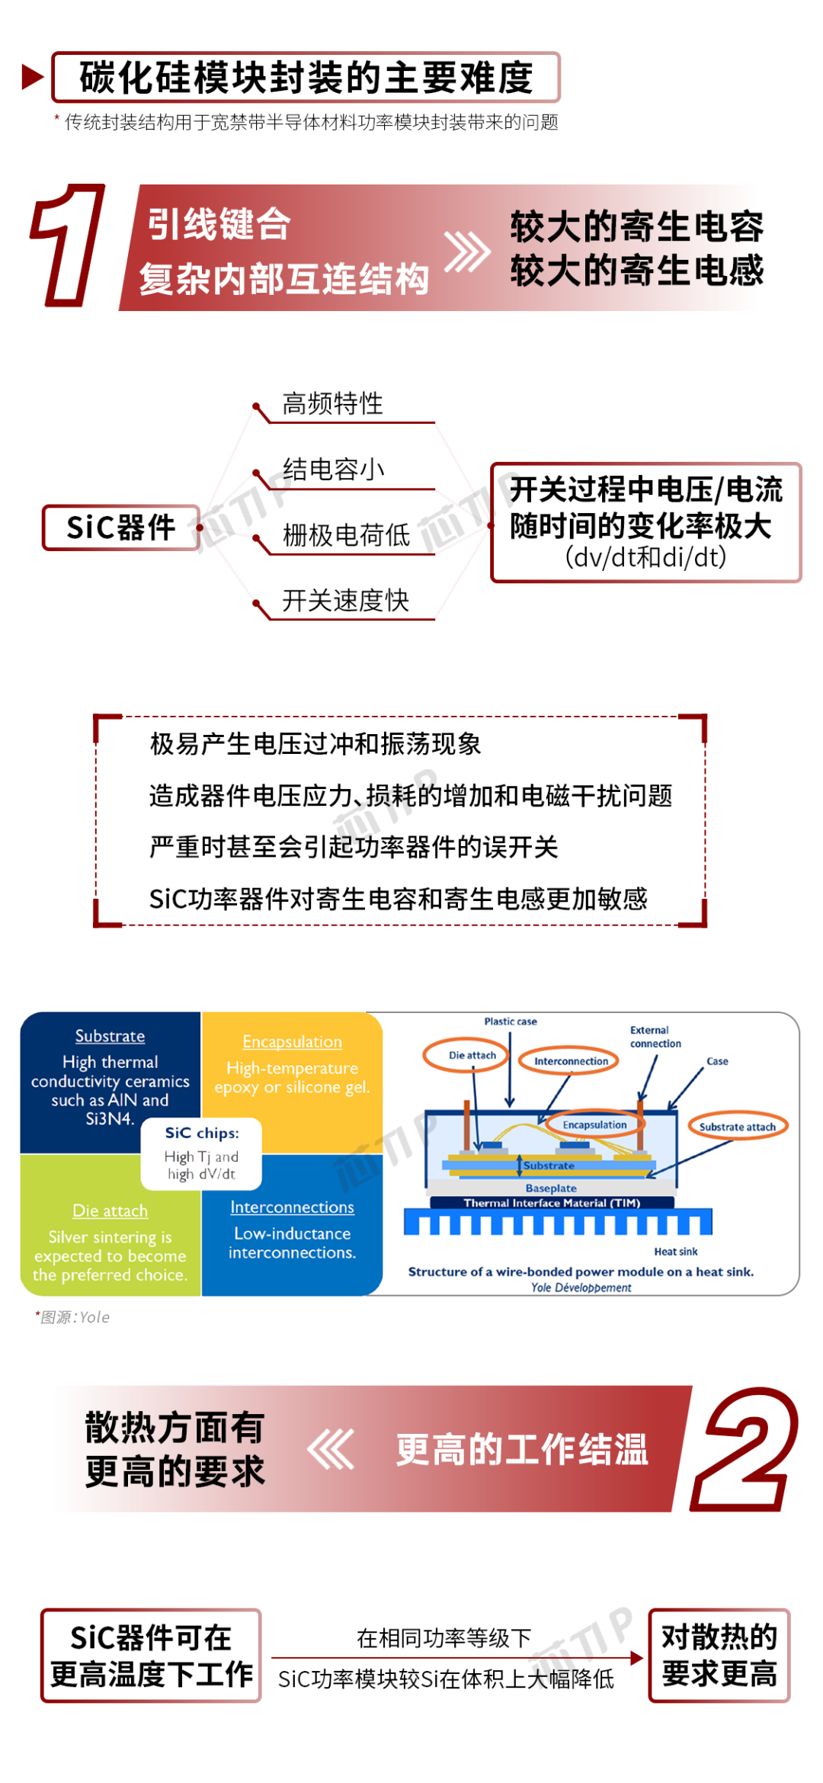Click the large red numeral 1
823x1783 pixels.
(67, 245)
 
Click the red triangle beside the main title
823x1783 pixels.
(33, 77)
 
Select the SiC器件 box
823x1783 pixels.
(121, 528)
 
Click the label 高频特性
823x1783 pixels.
(333, 403)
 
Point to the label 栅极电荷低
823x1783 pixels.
(346, 535)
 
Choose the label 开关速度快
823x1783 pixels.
(346, 601)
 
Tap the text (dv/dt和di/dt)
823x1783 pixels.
(645, 557)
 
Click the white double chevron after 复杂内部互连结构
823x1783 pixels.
(467, 252)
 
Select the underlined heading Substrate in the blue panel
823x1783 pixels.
(110, 1036)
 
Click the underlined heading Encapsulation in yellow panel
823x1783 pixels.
(293, 1041)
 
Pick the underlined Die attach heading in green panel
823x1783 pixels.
(110, 1211)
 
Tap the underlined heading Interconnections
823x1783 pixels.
(293, 1207)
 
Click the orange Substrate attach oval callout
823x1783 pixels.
(738, 1127)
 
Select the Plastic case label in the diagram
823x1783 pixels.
(511, 1021)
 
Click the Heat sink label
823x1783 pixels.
(676, 1252)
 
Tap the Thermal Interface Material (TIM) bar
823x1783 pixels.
(552, 1203)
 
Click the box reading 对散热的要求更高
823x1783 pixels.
(719, 1655)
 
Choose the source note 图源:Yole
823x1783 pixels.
(73, 1317)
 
